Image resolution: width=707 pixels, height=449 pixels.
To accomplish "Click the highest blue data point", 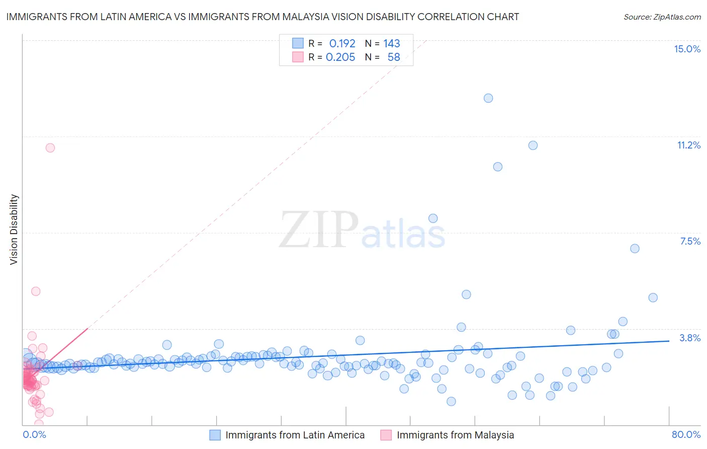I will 488,98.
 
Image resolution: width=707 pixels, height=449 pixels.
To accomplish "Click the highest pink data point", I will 50,148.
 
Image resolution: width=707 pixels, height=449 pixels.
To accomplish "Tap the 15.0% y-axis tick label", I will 687,49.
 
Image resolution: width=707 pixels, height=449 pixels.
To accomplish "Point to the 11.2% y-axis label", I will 688,145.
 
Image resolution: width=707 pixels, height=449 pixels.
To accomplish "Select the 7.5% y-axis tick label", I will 690,241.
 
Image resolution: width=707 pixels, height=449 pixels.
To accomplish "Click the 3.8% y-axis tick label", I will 690,338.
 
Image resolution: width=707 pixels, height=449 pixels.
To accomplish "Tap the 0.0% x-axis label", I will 34,434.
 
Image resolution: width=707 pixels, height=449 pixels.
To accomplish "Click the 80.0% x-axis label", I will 686,434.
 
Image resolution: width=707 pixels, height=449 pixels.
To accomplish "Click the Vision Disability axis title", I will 14,229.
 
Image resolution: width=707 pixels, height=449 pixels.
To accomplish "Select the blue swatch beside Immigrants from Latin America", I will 215,435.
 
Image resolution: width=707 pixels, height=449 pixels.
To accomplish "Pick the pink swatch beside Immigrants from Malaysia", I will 386,435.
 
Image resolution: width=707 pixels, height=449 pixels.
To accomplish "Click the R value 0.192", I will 342,44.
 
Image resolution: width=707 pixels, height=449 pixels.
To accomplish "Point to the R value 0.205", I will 340,57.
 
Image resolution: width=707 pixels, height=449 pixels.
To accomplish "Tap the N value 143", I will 392,44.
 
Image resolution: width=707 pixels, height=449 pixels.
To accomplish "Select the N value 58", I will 394,57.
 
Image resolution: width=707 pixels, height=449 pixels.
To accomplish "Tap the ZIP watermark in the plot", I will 318,230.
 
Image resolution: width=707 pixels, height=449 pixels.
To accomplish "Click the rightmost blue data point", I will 653,297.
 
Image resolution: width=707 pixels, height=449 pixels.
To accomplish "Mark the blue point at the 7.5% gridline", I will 635,249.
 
